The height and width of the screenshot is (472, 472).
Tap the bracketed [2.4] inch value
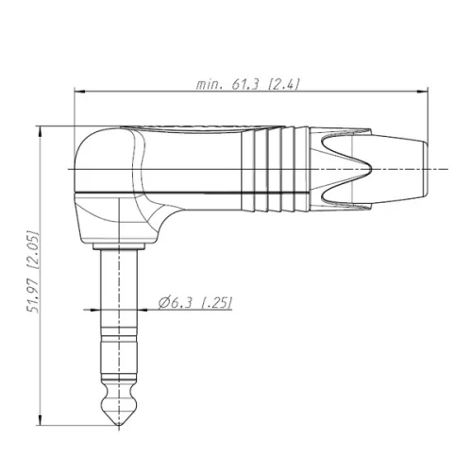[x=283, y=84]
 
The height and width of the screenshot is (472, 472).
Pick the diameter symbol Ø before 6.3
[x=162, y=302]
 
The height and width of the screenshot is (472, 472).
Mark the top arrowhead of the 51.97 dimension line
[x=42, y=130]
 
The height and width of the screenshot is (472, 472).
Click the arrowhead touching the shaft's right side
[x=143, y=309]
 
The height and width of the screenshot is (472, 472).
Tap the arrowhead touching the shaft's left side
[x=97, y=309]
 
